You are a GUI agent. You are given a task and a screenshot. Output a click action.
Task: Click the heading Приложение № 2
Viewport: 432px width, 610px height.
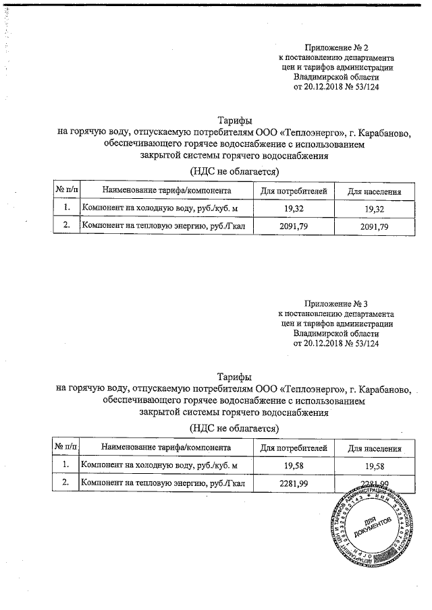336,47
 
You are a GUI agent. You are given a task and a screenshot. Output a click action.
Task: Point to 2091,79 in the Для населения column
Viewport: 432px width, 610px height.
374,226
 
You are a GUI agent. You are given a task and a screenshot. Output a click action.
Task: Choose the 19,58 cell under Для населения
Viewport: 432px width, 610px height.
374,465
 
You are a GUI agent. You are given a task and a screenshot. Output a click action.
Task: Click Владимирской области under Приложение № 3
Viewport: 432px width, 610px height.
336,333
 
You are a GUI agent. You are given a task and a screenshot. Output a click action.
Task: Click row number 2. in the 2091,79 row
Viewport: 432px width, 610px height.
67,226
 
